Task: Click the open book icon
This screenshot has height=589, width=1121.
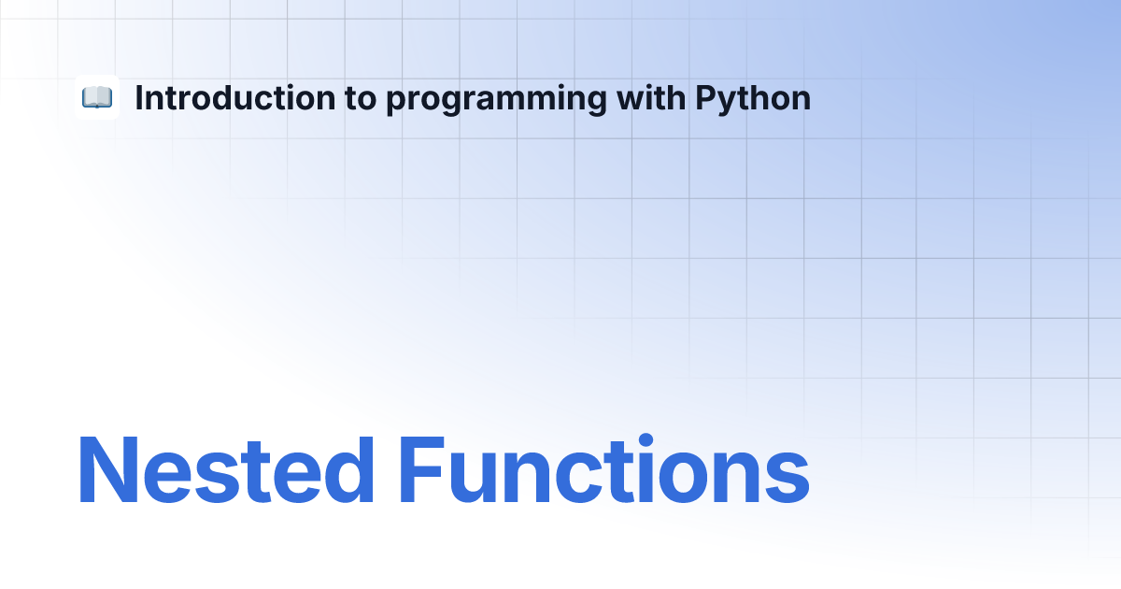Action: click(x=97, y=97)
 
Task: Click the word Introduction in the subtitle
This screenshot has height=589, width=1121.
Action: click(x=235, y=97)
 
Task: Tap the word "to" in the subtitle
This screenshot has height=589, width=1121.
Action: click(x=361, y=99)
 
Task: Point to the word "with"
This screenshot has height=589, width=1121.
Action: click(x=651, y=97)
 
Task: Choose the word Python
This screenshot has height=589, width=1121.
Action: click(x=753, y=100)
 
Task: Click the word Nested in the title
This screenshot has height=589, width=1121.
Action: click(x=226, y=469)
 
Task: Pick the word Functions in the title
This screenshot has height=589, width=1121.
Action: click(x=604, y=468)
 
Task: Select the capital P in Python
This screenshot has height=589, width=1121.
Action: click(x=706, y=97)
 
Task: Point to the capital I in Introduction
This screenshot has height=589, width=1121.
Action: click(x=138, y=97)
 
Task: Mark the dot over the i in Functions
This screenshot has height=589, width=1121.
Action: click(x=646, y=440)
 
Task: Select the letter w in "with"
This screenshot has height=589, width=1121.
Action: click(x=632, y=101)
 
